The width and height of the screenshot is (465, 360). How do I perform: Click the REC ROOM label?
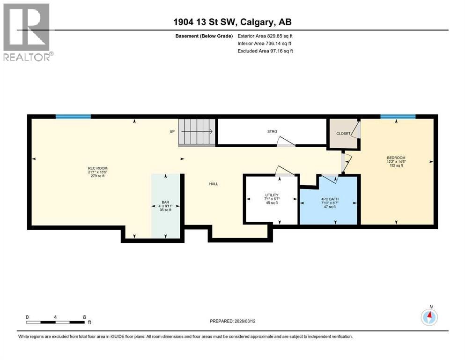97,168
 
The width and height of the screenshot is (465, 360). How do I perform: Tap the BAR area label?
165,202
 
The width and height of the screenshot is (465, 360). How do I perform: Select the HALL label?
214,184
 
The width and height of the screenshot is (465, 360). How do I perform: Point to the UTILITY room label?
272,195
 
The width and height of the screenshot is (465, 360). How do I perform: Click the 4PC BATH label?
330,199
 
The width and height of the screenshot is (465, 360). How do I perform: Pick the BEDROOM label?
396,157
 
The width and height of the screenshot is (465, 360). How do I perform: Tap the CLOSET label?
343,134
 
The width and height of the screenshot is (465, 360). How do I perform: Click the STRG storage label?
272,131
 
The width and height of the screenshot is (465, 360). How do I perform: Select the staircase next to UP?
197,132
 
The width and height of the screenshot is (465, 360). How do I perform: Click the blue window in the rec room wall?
73,117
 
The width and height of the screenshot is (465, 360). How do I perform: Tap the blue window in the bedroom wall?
398,117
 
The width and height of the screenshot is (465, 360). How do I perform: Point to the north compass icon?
429,317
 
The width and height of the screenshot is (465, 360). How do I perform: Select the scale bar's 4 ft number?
55,317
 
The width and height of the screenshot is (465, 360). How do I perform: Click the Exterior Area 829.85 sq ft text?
265,36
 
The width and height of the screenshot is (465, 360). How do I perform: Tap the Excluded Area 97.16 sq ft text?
265,51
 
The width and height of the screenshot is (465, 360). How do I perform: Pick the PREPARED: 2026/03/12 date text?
232,321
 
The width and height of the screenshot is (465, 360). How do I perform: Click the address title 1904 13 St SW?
205,22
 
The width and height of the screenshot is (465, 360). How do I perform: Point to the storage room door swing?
286,142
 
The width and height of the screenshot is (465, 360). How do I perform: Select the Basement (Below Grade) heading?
204,36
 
